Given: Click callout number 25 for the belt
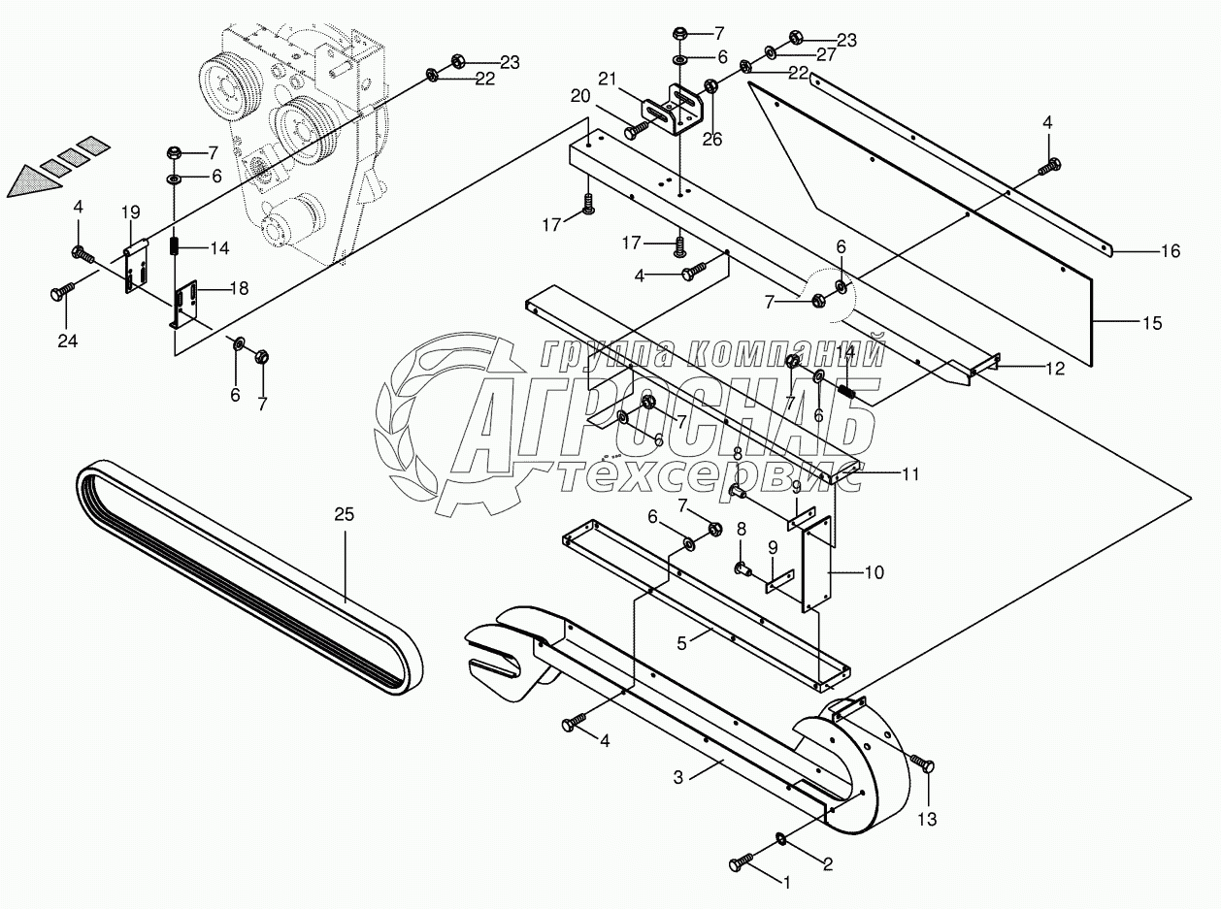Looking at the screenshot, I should pyautogui.click(x=345, y=514).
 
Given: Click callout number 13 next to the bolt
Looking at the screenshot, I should pyautogui.click(x=927, y=820).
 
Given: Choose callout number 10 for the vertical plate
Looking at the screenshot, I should pyautogui.click(x=874, y=572).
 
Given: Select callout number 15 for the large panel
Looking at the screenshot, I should pyautogui.click(x=1153, y=321).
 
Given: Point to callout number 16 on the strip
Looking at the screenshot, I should pyautogui.click(x=1171, y=251).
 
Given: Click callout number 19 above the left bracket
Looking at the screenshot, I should pyautogui.click(x=131, y=212).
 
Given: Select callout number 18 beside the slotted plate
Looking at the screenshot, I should pyautogui.click(x=239, y=288).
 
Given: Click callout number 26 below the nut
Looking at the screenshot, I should pyautogui.click(x=712, y=139).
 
